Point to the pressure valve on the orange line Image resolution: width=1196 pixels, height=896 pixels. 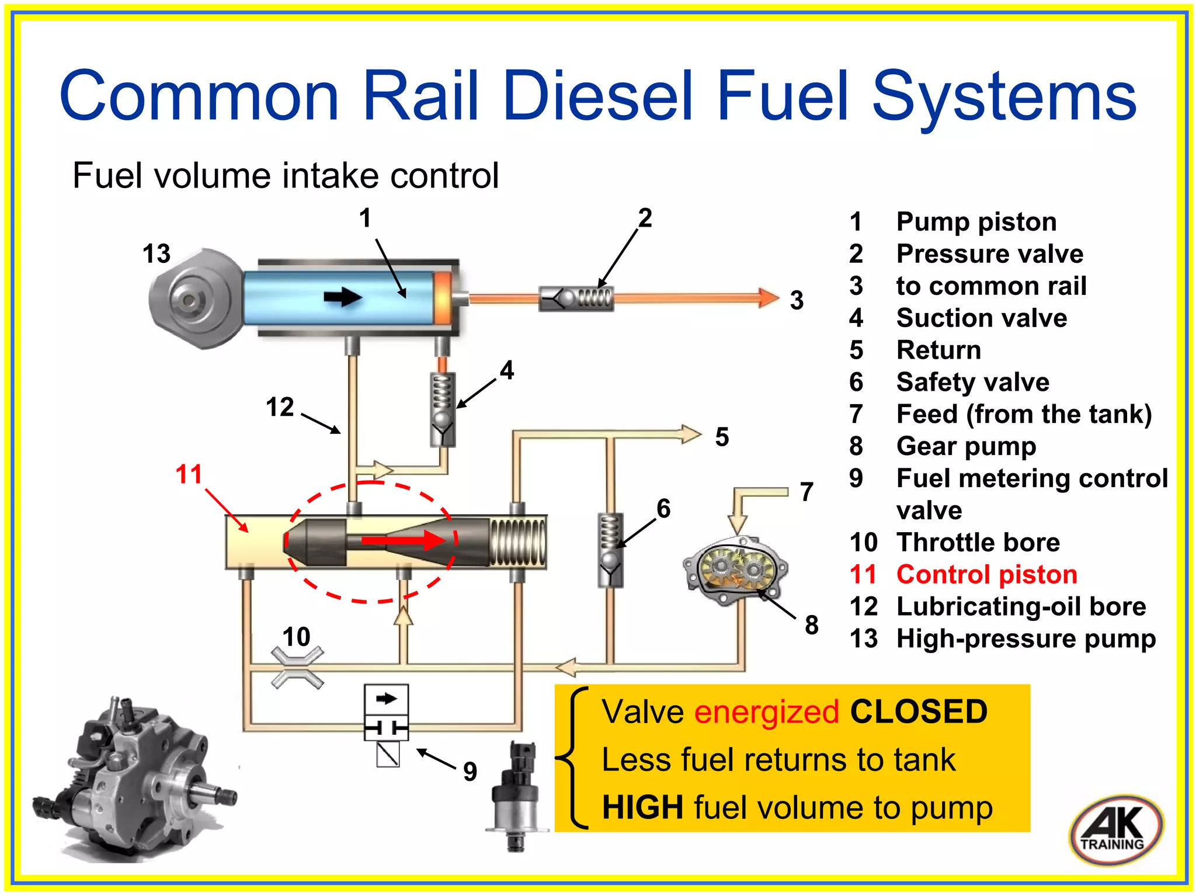tap(576, 298)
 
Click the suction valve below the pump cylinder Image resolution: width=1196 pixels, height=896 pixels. tap(443, 409)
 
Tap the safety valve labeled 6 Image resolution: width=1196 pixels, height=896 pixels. tap(610, 549)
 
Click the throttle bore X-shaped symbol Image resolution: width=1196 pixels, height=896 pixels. tap(297, 668)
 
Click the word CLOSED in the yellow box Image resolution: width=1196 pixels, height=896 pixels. tap(918, 712)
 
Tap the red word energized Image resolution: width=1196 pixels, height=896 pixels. tap(766, 712)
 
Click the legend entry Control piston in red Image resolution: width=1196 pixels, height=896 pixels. tap(986, 574)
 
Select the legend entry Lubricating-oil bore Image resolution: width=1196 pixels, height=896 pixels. tap(1021, 606)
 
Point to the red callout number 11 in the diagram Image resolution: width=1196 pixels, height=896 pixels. tap(189, 474)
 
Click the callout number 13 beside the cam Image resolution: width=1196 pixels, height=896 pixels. tap(157, 253)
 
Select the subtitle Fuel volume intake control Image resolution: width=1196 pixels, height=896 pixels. tap(286, 175)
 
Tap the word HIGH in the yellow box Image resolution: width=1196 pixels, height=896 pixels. tap(642, 807)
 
